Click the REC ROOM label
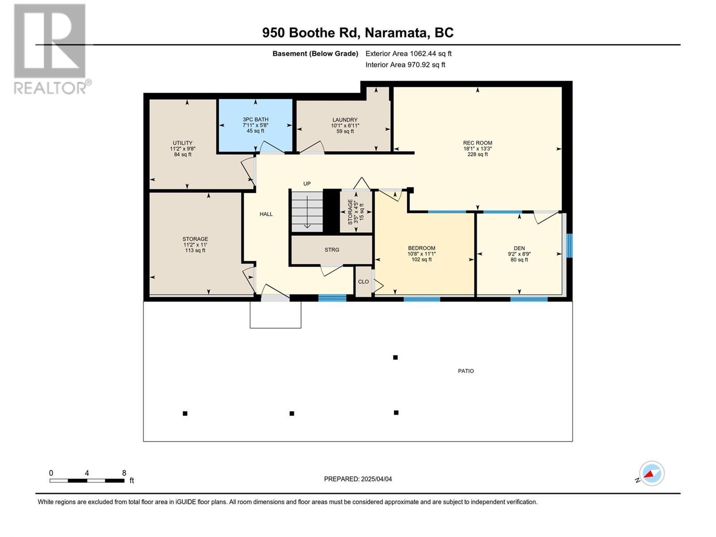pyautogui.click(x=477, y=143)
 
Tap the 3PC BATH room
pyautogui.click(x=256, y=125)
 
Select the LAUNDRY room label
pyautogui.click(x=345, y=120)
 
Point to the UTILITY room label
pyautogui.click(x=183, y=143)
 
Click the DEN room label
pyautogui.click(x=519, y=248)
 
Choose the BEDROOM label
pyautogui.click(x=422, y=248)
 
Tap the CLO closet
pyautogui.click(x=363, y=281)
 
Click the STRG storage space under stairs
pyautogui.click(x=332, y=250)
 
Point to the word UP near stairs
pyautogui.click(x=307, y=183)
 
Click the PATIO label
pyautogui.click(x=466, y=371)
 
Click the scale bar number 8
pyautogui.click(x=124, y=473)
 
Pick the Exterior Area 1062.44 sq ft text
pyautogui.click(x=408, y=53)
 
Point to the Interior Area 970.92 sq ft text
pyautogui.click(x=405, y=64)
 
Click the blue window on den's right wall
pyautogui.click(x=569, y=246)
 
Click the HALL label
pyautogui.click(x=266, y=214)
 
